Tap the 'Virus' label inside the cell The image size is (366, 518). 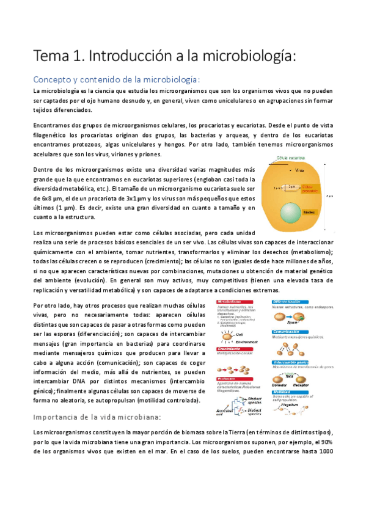coord(299,170)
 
